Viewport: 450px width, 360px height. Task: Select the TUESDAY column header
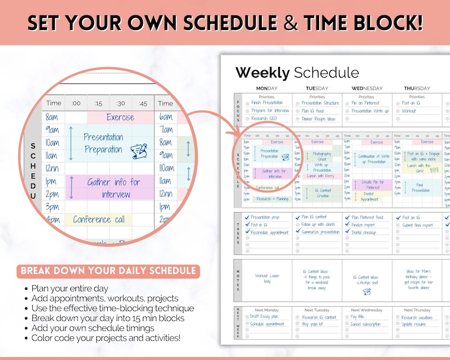[x=317, y=88]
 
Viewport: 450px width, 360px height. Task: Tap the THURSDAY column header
[x=417, y=88]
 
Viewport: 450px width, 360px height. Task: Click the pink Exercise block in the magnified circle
[x=120, y=117]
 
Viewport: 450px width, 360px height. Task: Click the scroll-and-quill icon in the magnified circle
[x=138, y=151]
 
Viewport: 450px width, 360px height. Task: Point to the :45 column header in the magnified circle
[x=143, y=103]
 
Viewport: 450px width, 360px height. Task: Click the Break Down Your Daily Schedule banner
[x=108, y=270]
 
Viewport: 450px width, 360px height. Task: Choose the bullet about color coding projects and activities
[x=106, y=338]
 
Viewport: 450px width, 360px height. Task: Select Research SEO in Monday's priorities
[x=265, y=118]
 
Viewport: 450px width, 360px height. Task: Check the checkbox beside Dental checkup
[x=346, y=232]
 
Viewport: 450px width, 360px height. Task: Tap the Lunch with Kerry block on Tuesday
[x=320, y=176]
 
